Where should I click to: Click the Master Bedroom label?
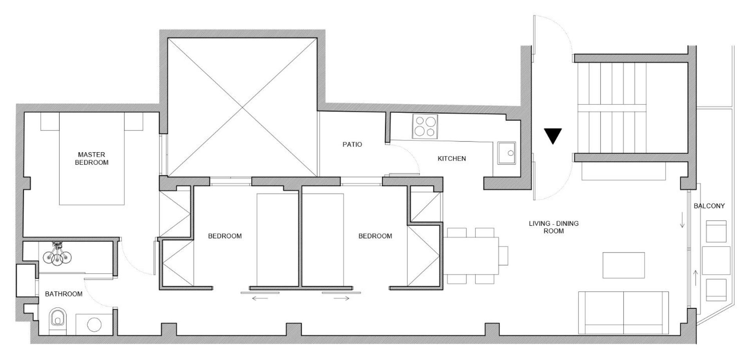pyautogui.click(x=92, y=158)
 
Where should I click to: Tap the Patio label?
pyautogui.click(x=352, y=144)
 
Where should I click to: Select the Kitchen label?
pyautogui.click(x=452, y=158)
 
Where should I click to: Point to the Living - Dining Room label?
pyautogui.click(x=553, y=227)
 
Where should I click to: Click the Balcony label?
pyautogui.click(x=709, y=206)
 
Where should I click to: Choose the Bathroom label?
pyautogui.click(x=64, y=294)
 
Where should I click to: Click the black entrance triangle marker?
pyautogui.click(x=553, y=136)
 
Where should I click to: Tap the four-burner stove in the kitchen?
pyautogui.click(x=425, y=126)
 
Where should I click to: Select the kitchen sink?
pyautogui.click(x=507, y=153)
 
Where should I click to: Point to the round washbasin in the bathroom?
pyautogui.click(x=94, y=324)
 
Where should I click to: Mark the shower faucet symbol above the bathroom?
pyautogui.click(x=58, y=254)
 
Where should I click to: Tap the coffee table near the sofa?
pyautogui.click(x=623, y=265)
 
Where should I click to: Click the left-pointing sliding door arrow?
pyautogui.click(x=260, y=299)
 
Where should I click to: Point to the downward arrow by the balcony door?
pyautogui.click(x=683, y=220)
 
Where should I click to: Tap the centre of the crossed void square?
pyautogui.click(x=243, y=107)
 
